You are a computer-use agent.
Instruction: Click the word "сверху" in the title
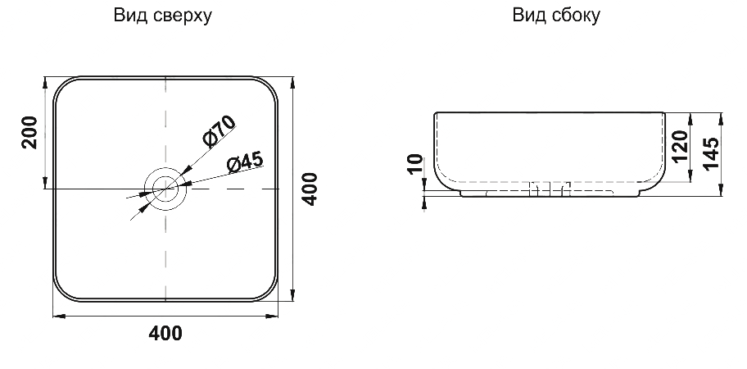click(183, 16)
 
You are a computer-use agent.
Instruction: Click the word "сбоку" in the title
click(576, 16)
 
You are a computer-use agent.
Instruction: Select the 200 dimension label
click(29, 133)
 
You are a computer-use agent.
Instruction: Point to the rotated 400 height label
click(310, 189)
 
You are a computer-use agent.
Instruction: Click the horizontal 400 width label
click(165, 334)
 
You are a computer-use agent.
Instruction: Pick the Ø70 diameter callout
click(220, 130)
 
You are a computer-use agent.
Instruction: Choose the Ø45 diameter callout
click(245, 162)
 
